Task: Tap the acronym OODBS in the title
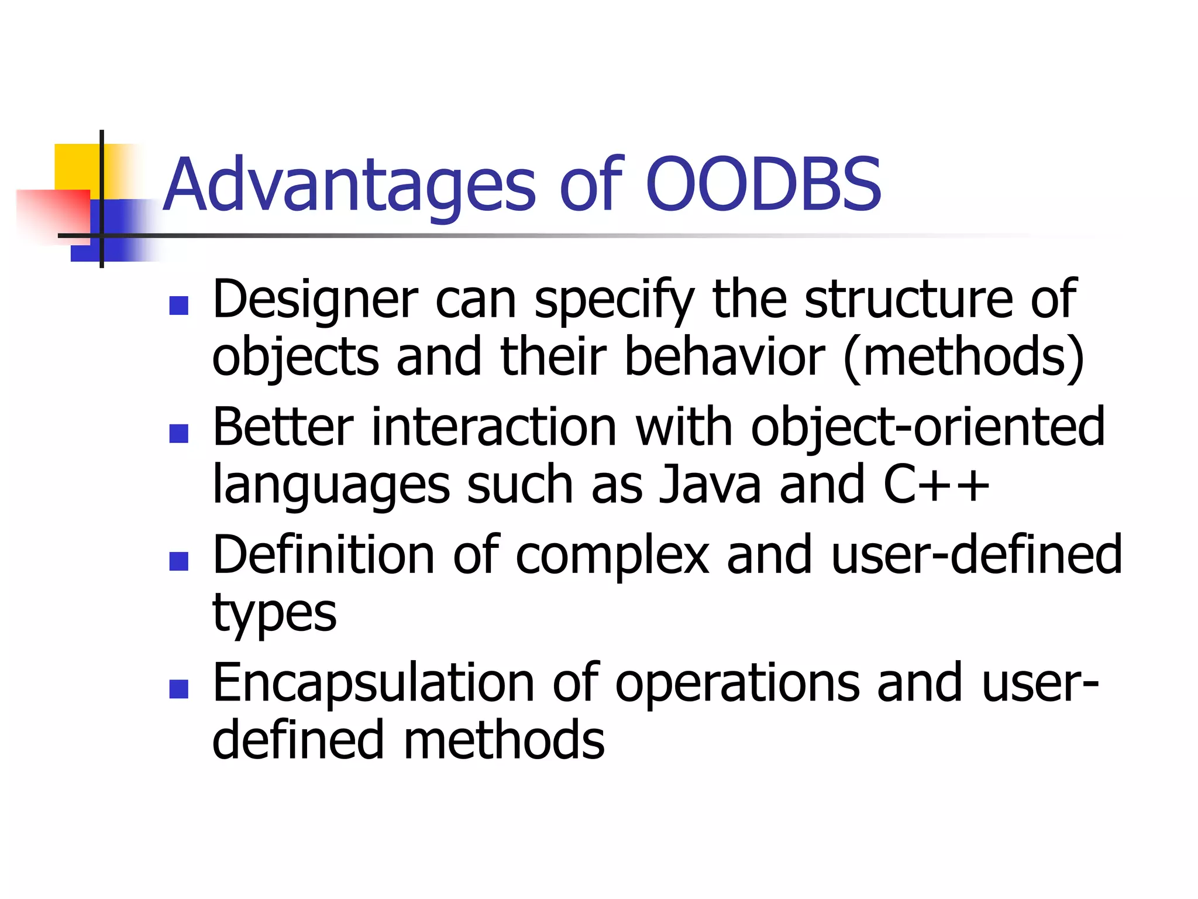763,184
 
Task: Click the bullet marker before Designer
178,306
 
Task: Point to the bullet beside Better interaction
178,433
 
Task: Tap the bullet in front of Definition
178,561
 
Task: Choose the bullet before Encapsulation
178,689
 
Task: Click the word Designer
315,300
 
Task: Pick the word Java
710,485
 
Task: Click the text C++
936,485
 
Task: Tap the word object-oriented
928,428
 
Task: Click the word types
274,614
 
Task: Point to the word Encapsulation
373,683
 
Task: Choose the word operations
738,684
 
